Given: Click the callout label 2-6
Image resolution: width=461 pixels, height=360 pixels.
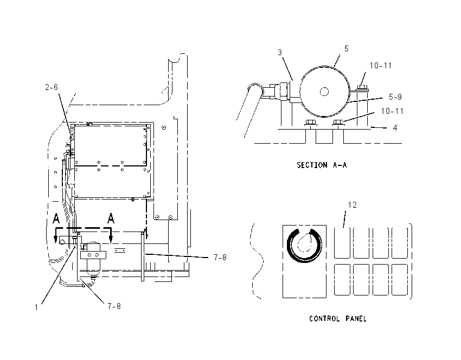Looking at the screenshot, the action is click(52, 87).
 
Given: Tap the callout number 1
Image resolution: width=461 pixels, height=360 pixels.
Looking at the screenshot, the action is click(36, 307).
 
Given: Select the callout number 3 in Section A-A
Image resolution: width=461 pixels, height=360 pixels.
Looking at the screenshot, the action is click(280, 53).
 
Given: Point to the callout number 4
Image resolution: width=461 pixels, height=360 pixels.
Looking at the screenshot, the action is click(395, 128).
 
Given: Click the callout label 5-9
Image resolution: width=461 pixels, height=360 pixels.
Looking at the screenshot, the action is click(395, 97).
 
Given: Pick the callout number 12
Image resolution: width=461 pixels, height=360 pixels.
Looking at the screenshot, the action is click(352, 205).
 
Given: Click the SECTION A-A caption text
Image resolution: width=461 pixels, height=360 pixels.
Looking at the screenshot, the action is click(322, 165).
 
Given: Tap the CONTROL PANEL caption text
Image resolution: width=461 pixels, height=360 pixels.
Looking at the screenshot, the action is click(338, 319).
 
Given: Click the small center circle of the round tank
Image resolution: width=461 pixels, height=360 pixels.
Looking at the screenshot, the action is click(324, 92).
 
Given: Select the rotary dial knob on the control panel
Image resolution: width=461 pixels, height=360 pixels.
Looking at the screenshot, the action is click(304, 246).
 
